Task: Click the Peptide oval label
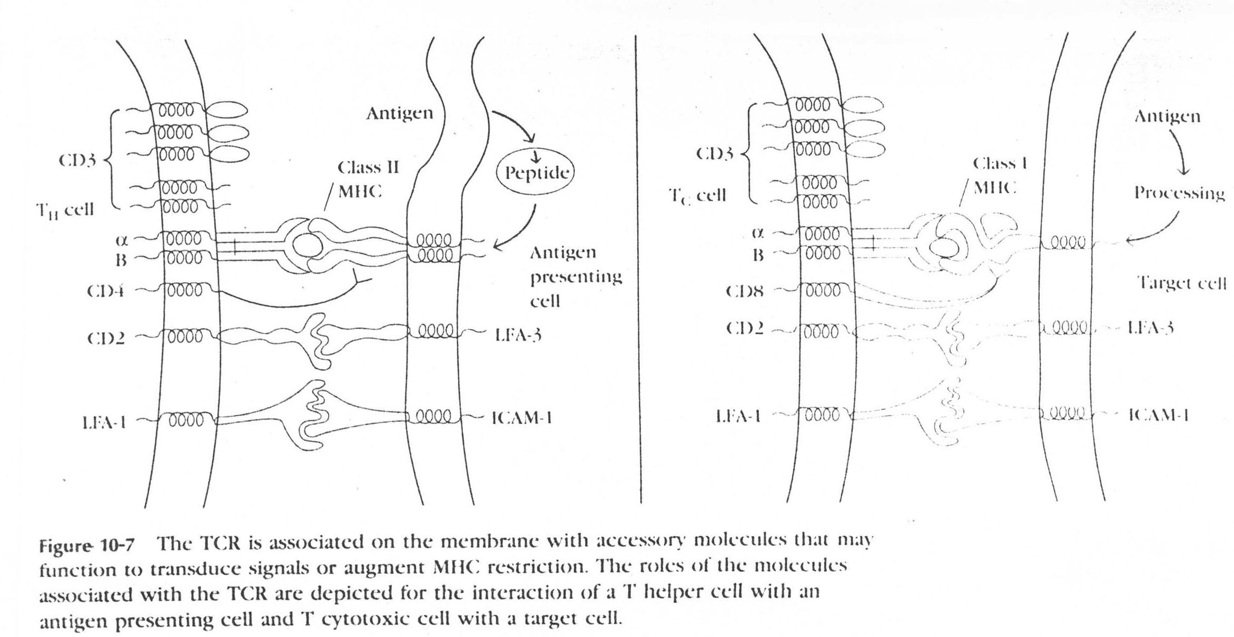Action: pos(536,173)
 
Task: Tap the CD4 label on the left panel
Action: pos(106,291)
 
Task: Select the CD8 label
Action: pos(745,291)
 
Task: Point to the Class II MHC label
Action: pos(365,179)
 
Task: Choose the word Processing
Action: pos(1179,193)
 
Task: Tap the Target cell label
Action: pos(1181,283)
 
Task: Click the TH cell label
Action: pos(65,210)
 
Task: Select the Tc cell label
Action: pos(697,196)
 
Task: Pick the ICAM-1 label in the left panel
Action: pos(522,418)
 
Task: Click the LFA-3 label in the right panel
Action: pos(1150,328)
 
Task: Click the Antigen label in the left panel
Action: pos(400,113)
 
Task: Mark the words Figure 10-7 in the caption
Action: pos(87,545)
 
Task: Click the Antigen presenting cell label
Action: pos(575,276)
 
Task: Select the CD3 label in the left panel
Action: pos(77,160)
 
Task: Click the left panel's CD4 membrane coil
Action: pos(184,291)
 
